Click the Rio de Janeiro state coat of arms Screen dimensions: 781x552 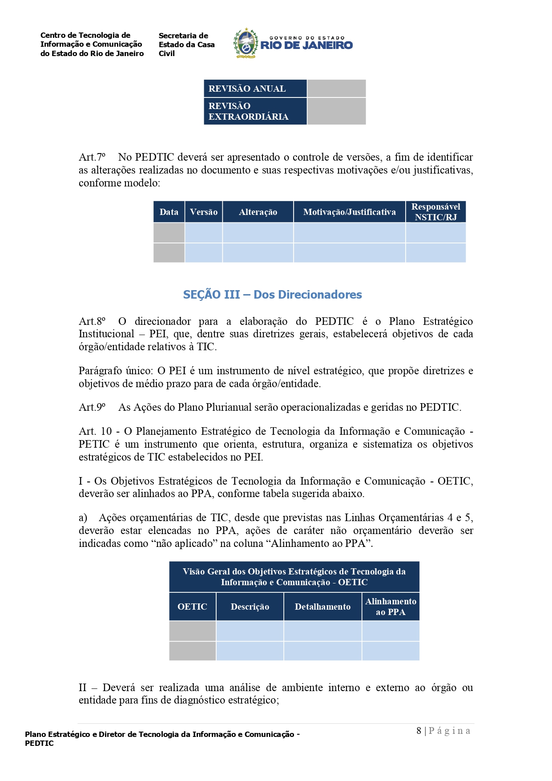tap(246, 43)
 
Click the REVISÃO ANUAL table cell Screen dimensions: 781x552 tap(255, 89)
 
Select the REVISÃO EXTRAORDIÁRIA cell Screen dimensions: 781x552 tap(255, 111)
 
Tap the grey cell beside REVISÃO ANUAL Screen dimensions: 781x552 tap(336, 89)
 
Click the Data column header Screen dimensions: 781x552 tap(169, 212)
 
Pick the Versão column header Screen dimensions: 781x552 tap(204, 212)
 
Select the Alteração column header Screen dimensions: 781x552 tap(258, 212)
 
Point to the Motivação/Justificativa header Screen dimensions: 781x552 tap(349, 212)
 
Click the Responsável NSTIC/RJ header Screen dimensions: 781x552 tap(435, 212)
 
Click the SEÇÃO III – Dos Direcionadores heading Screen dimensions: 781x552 tap(272, 295)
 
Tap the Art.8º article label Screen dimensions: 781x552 tap(92, 321)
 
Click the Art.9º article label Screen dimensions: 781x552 tap(92, 407)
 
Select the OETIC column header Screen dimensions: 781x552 tap(192, 607)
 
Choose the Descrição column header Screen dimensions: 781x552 tap(250, 607)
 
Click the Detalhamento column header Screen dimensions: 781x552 tap(322, 607)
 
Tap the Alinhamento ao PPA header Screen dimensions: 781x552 tap(391, 607)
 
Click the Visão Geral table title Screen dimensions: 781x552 tap(294, 577)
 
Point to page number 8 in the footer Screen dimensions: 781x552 tap(419, 731)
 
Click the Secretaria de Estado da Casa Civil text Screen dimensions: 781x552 tap(186, 45)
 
